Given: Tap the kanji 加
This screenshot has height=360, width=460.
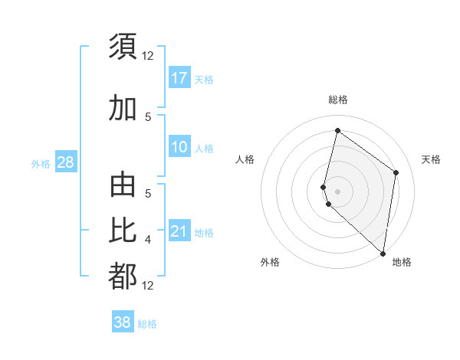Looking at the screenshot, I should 123,108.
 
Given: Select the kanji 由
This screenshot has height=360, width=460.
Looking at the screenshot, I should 123,188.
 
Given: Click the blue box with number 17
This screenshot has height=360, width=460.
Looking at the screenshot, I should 179,78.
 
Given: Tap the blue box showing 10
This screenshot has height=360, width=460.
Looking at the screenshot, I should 179,147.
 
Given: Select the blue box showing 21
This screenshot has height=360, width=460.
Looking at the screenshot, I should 179,231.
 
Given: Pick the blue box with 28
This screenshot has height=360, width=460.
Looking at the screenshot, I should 65,162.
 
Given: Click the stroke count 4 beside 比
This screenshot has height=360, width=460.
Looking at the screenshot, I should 148,241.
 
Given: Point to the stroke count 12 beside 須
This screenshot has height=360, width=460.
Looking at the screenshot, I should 148,55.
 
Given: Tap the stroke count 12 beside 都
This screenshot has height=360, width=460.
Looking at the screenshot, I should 148,286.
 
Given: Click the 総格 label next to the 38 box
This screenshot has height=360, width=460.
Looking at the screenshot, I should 147,324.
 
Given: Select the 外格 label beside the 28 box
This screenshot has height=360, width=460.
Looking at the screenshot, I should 40,163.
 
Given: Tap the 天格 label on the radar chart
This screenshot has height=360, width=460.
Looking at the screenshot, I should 431,159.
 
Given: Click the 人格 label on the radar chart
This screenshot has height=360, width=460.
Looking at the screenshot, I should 245,159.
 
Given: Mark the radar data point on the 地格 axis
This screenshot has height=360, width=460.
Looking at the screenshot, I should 383,254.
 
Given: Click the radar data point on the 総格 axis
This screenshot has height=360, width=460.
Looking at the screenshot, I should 337,131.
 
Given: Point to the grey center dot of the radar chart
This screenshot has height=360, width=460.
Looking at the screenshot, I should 337,191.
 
